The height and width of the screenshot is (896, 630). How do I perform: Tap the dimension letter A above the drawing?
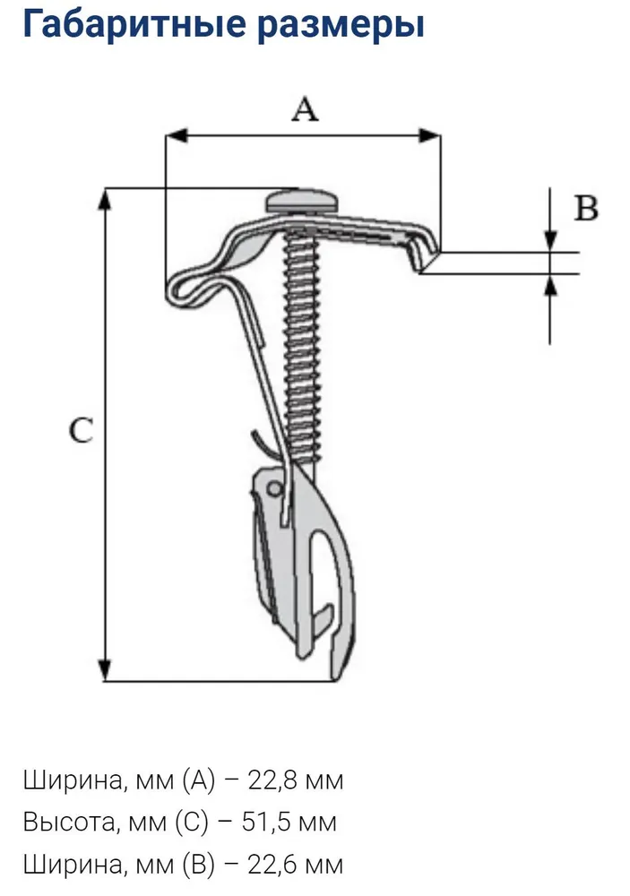point(306,109)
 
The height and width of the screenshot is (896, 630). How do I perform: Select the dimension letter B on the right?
point(585,209)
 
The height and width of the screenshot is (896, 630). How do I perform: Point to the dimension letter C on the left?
point(82,431)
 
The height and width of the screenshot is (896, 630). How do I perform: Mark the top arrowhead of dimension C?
point(106,199)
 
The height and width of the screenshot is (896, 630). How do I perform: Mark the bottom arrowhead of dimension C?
point(106,670)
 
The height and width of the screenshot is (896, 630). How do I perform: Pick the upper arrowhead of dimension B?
point(550,241)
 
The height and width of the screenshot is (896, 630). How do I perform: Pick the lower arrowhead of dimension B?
point(550,285)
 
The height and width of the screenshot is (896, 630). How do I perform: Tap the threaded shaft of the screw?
point(301,340)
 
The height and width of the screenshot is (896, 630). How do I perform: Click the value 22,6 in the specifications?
point(267,864)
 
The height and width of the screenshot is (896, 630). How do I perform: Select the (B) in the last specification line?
point(199,864)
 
